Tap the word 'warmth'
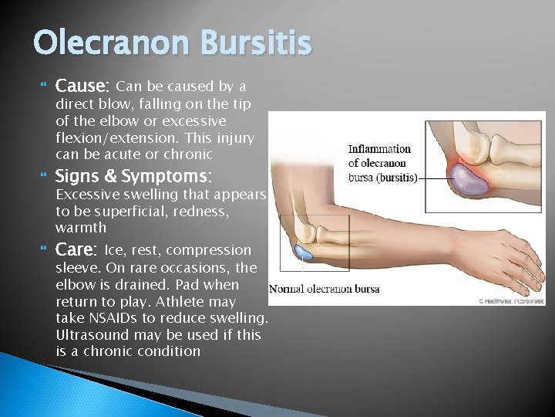click(x=81, y=228)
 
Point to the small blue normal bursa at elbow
click(x=303, y=251)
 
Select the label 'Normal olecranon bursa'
click(x=324, y=290)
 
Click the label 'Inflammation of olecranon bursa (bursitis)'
click(x=383, y=163)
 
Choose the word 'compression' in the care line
click(x=208, y=250)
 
